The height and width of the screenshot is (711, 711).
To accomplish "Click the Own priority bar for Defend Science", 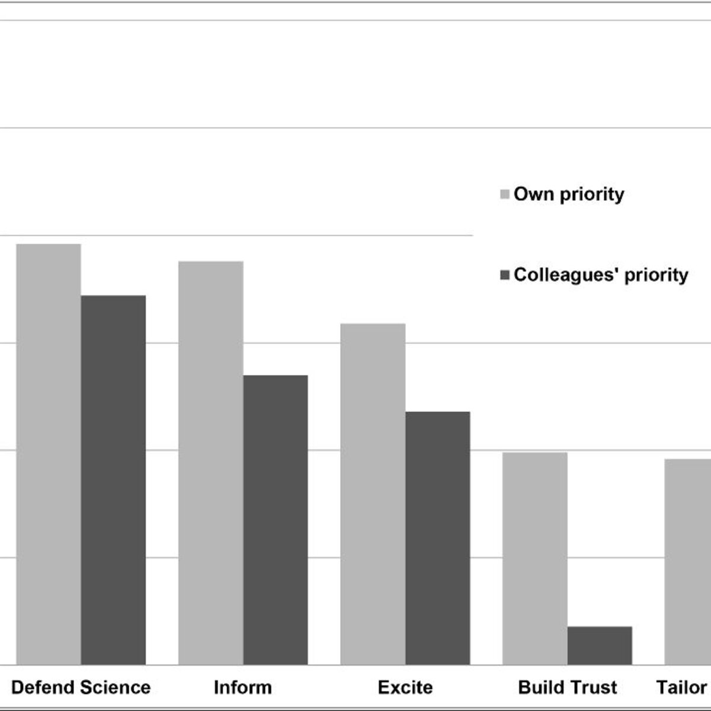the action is (49, 454).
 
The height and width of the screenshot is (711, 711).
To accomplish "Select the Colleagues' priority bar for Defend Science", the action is (113, 480).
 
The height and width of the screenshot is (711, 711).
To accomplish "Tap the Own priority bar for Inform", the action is (211, 463).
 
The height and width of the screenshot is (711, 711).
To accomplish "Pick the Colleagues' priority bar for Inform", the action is (276, 520).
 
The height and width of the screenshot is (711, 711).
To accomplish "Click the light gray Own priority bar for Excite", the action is (373, 494).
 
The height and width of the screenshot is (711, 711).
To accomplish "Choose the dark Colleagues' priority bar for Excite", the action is (438, 538).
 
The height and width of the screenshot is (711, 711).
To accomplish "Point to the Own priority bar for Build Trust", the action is (534, 558).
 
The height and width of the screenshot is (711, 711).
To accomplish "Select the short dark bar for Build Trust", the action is (600, 645).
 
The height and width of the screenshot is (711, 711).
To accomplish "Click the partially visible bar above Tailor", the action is (688, 562).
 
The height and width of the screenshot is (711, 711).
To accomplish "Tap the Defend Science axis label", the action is (81, 687).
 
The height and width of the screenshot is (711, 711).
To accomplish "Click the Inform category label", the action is (243, 687).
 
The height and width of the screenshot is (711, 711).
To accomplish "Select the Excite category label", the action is (405, 687).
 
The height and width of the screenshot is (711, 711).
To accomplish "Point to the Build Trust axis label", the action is (568, 687).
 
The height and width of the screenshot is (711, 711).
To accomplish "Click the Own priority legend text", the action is (569, 194).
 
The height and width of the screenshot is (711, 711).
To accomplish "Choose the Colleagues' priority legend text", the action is (601, 274).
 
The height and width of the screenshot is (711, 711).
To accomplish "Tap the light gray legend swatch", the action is (505, 194).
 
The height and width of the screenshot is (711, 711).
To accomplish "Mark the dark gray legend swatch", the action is (505, 275).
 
